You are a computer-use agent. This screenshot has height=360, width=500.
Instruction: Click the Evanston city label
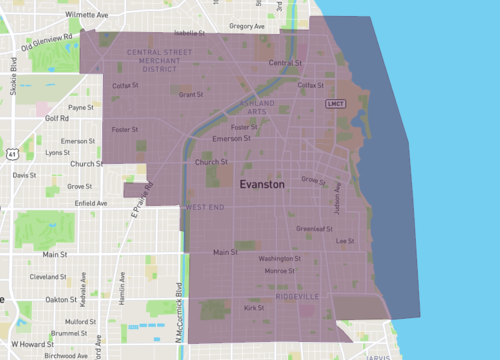pos(262,185)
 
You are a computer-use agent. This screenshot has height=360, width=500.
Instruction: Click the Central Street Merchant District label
pos(165,60)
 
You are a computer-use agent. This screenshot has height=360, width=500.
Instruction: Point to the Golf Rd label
pos(58,117)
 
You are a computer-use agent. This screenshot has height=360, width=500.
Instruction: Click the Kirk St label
pos(254,308)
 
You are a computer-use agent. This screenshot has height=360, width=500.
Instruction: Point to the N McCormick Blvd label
pos(180,324)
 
